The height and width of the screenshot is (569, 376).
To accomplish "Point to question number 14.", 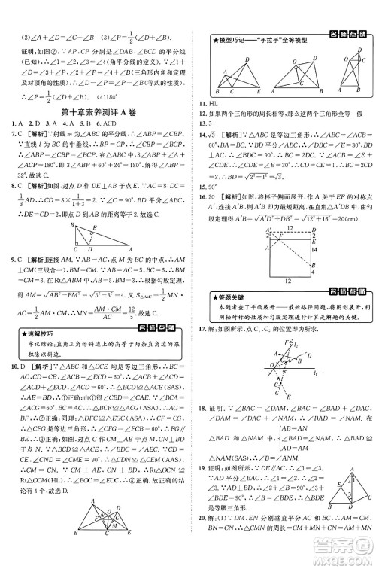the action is pyautogui.click(x=202, y=134).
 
